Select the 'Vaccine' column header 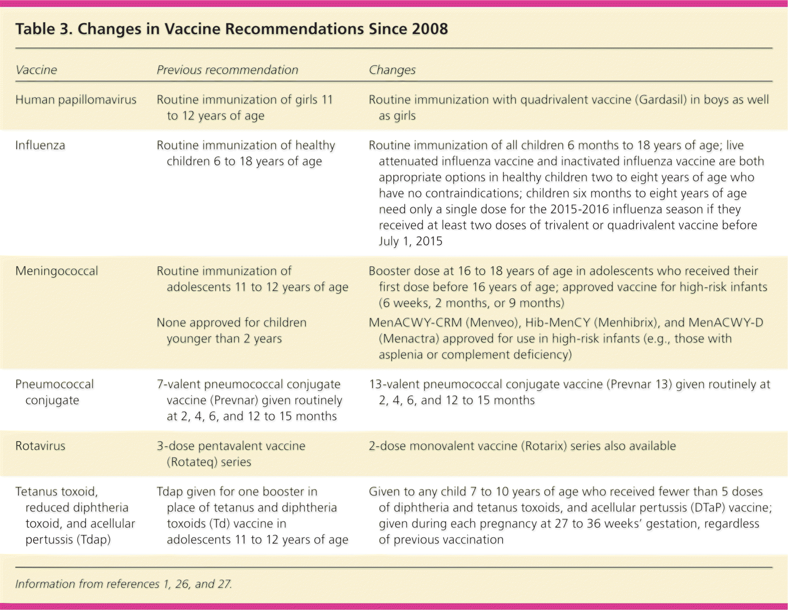click(36, 70)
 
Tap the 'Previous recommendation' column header click(227, 70)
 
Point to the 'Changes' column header click(392, 70)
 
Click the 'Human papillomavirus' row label click(76, 100)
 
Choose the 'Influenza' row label click(40, 145)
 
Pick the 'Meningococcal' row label click(57, 271)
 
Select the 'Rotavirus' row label click(40, 446)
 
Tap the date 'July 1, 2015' click(410, 241)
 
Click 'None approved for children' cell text click(232, 323)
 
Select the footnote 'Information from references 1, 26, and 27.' click(123, 584)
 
